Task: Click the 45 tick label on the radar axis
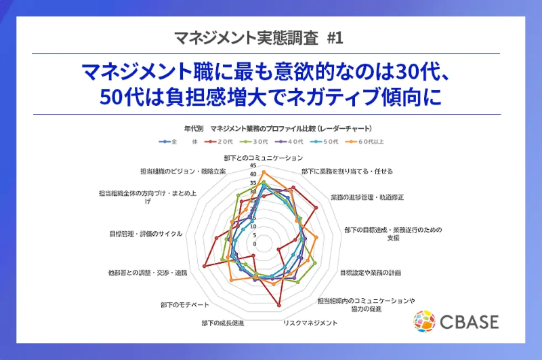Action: (x=253, y=165)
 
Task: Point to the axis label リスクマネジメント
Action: (x=310, y=323)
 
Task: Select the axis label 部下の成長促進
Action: (x=223, y=322)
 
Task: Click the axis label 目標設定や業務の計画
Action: (x=371, y=273)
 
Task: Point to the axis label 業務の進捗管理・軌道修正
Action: (x=367, y=197)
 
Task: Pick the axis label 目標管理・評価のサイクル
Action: (x=146, y=234)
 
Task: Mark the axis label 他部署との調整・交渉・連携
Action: (x=147, y=273)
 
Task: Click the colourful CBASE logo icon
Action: (x=425, y=321)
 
